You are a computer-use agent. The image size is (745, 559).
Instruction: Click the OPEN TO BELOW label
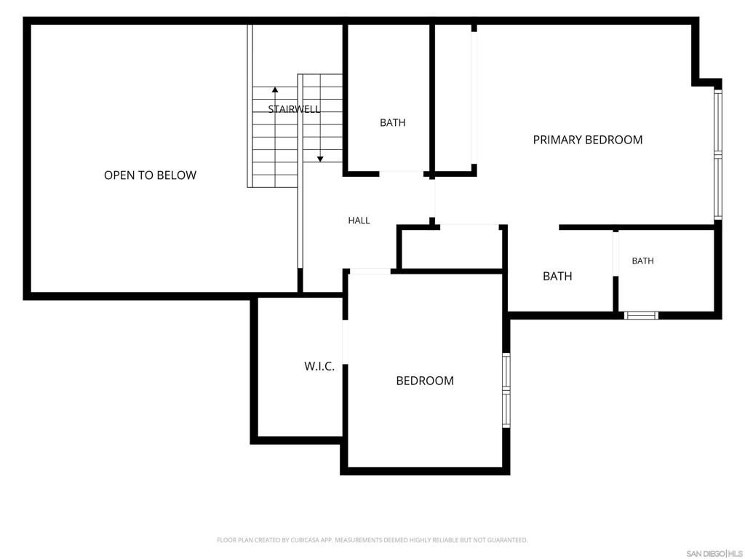point(150,175)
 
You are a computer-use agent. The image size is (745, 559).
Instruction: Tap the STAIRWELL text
point(294,109)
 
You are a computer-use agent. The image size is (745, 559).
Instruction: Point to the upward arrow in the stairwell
point(275,137)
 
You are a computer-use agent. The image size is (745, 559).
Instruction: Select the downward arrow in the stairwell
point(320,118)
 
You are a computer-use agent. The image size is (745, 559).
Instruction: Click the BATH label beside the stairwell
point(392,122)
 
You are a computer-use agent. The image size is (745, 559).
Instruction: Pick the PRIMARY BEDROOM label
point(588,140)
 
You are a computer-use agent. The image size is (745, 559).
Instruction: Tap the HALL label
point(359,221)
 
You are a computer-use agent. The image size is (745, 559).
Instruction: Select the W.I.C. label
point(319,367)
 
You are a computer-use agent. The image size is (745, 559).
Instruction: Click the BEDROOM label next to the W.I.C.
point(425,381)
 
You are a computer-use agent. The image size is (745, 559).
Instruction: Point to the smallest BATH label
point(643,261)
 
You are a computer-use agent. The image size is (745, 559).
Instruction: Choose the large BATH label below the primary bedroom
point(557,276)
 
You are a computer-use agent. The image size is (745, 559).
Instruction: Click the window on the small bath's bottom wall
point(641,315)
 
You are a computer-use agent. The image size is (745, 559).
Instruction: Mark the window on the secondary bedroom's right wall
point(506,390)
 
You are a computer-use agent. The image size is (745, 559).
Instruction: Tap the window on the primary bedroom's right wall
point(718,154)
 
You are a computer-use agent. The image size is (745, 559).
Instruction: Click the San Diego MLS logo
point(714,554)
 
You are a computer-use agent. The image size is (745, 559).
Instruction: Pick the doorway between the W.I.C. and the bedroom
point(346,342)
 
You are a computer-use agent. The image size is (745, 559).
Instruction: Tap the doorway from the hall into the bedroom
point(370,271)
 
